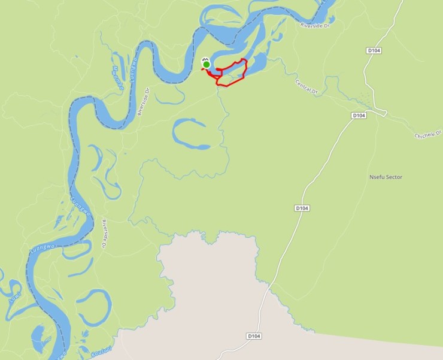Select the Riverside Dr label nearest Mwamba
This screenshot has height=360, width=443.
(x=143, y=101)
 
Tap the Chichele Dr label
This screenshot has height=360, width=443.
(x=428, y=135)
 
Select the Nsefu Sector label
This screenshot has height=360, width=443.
(x=386, y=177)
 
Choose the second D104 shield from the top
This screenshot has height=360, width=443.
(x=358, y=115)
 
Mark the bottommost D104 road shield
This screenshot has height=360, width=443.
(x=254, y=336)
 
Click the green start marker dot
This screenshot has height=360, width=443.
(x=206, y=64)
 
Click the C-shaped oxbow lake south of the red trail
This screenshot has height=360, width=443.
(x=189, y=133)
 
